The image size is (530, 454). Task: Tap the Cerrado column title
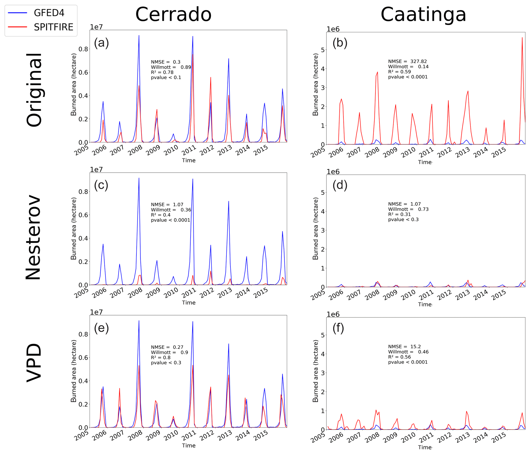pos(173,14)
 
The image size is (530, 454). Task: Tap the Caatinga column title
pos(423,14)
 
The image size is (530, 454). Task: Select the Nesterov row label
pos(33,237)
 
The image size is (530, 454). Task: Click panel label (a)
pos(101,43)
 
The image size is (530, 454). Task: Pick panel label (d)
pos(340,185)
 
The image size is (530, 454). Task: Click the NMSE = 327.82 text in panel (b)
pos(407,61)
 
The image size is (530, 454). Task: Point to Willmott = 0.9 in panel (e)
pos(169,352)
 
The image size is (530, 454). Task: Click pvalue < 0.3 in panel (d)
pos(403,219)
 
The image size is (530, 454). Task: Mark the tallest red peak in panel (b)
pos(522,38)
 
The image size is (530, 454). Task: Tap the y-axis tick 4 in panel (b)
pos(323,69)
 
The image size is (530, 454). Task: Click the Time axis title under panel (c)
pos(189,303)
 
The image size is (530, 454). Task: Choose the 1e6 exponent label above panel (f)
pos(333,314)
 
